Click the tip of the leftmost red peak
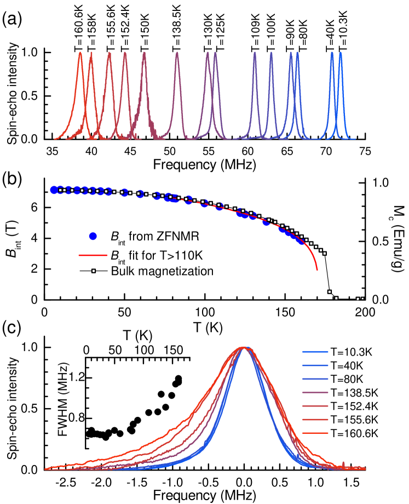[x=80, y=53]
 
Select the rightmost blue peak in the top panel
[x=340, y=54]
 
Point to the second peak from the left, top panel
[x=91, y=53]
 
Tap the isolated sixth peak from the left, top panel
[x=177, y=53]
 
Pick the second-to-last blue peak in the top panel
[x=332, y=54]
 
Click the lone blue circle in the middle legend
[x=93, y=236]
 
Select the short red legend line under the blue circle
[x=93, y=255]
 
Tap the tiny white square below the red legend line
[x=94, y=271]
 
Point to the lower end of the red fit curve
[x=317, y=270]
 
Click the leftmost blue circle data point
[x=54, y=190]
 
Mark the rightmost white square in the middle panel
[x=362, y=299]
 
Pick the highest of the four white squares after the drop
[x=329, y=291]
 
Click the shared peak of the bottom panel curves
[x=244, y=347]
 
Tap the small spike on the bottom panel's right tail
[x=343, y=463]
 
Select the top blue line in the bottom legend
[x=315, y=352]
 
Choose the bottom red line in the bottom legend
[x=315, y=433]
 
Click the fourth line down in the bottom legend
[x=315, y=392]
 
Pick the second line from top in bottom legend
[x=315, y=365]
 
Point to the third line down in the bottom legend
[x=315, y=379]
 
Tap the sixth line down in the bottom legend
[x=315, y=420]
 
